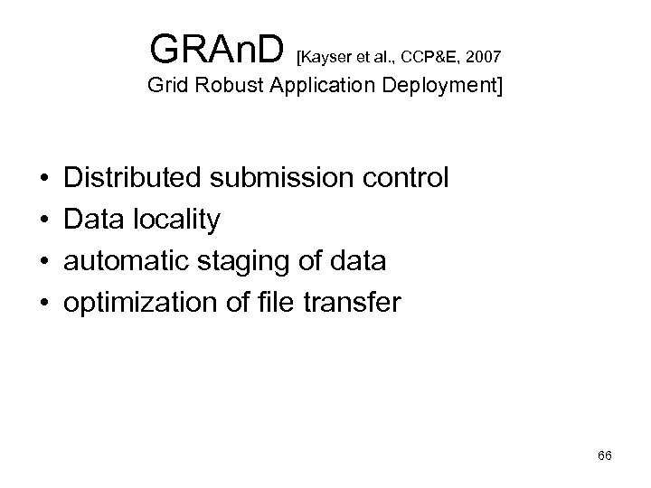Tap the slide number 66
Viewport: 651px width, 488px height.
pos(605,455)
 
